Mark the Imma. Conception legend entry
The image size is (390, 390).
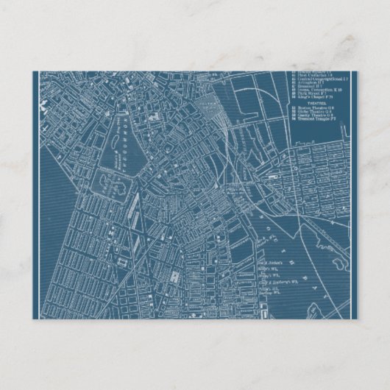(x=308, y=90)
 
